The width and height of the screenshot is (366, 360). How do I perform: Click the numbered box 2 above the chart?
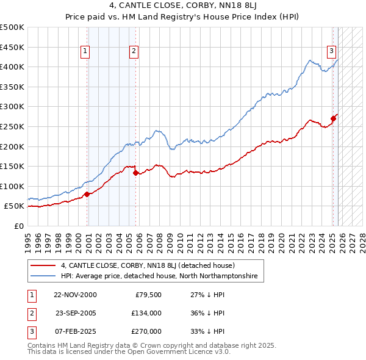[x=133, y=51]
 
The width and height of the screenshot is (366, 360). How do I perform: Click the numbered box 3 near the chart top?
[x=331, y=51]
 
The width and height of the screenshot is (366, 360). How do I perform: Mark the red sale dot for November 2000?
[x=87, y=194]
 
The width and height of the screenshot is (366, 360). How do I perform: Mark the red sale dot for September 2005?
[x=135, y=173]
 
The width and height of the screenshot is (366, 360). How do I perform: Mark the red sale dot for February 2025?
[x=334, y=118]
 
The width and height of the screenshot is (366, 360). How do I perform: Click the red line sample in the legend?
[x=43, y=265]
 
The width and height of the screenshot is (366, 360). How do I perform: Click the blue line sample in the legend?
[x=43, y=276]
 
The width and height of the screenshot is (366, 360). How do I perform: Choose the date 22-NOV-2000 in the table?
[x=75, y=295]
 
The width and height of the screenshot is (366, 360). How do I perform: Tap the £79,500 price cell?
[x=146, y=295]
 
